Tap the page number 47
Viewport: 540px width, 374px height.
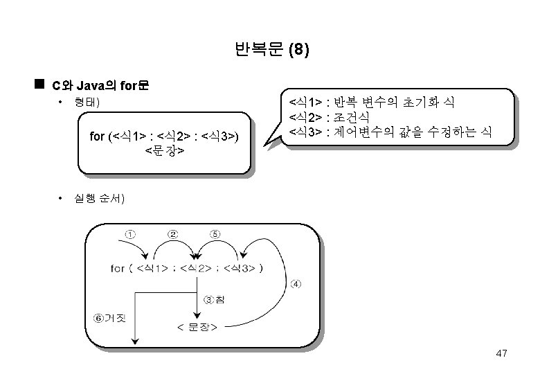click(502, 354)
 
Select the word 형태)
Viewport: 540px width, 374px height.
click(87, 103)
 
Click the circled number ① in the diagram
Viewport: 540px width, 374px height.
click(130, 234)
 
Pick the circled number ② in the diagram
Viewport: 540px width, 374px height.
click(172, 234)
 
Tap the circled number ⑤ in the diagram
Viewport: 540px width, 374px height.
click(215, 234)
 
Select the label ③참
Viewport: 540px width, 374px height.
click(214, 299)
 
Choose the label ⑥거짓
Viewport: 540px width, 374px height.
click(110, 318)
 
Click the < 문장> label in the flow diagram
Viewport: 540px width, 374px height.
click(198, 326)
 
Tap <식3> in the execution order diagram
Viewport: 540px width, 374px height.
click(240, 267)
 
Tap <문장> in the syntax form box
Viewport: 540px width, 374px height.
click(164, 149)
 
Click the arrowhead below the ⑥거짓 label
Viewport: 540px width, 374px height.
click(136, 340)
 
